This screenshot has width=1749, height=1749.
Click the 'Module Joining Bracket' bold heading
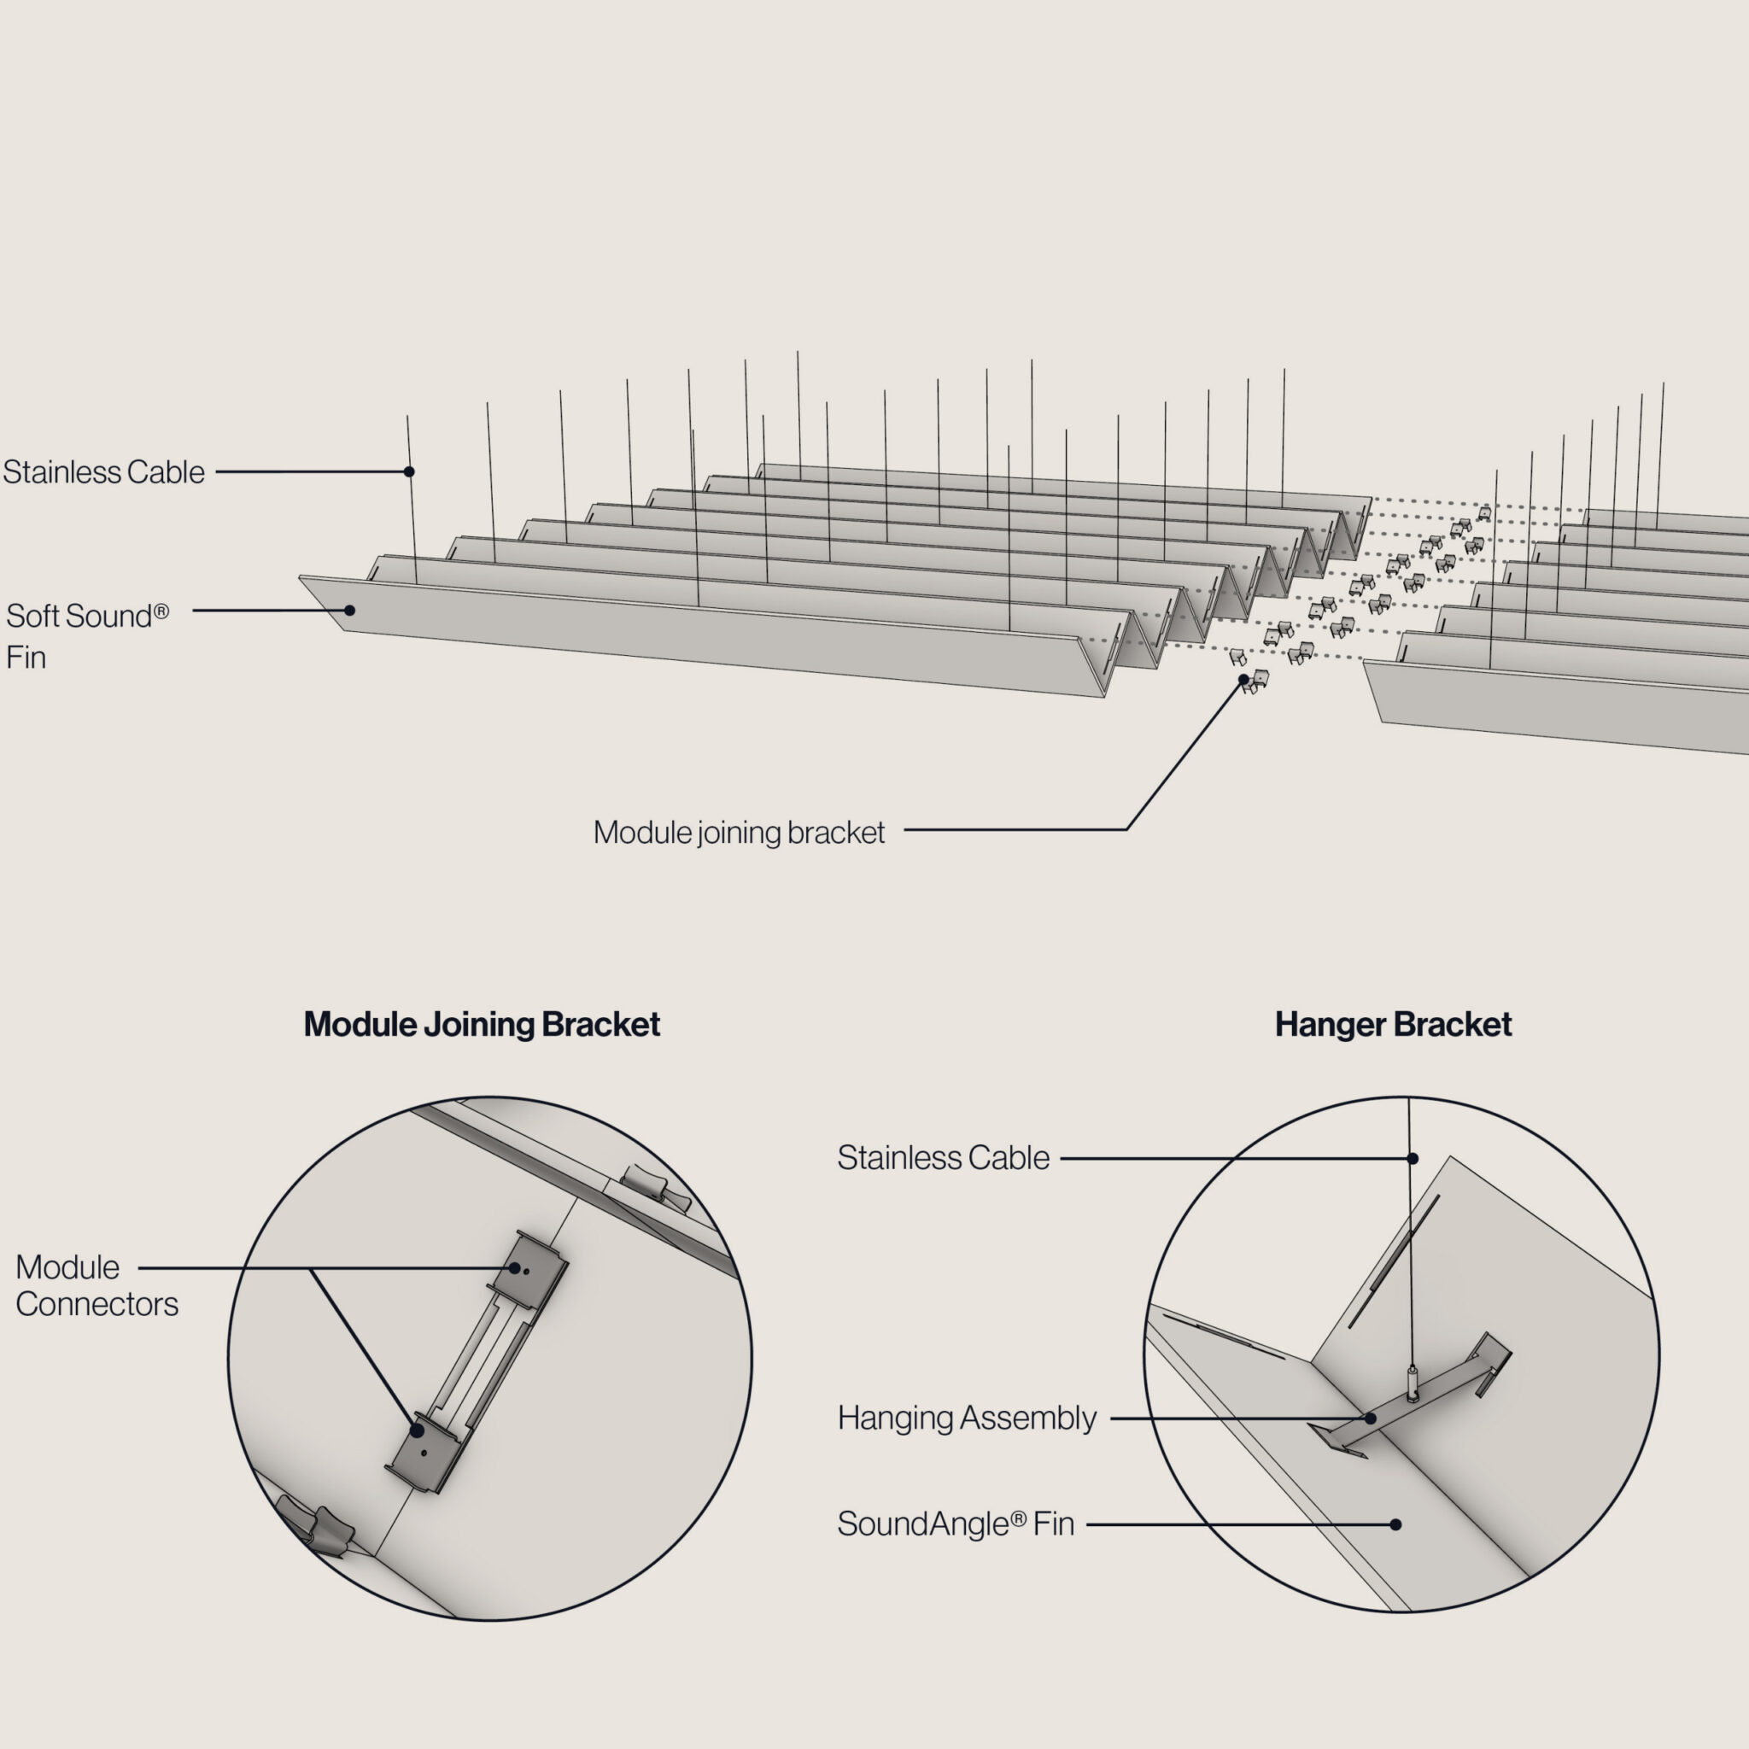click(482, 1025)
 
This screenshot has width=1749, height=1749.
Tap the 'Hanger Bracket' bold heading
click(1393, 1025)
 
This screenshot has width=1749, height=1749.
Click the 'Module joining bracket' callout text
click(739, 833)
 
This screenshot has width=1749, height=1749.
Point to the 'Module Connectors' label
click(96, 1285)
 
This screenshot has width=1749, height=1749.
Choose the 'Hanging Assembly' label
click(966, 1418)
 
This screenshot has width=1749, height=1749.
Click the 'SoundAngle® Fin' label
click(955, 1524)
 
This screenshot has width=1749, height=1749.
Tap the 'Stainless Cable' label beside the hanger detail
click(943, 1158)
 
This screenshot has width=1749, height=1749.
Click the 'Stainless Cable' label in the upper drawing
click(103, 471)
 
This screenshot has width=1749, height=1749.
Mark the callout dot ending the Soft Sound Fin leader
click(349, 610)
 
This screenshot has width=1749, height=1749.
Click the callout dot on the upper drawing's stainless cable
click(409, 471)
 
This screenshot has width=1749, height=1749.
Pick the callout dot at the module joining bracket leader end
click(1243, 679)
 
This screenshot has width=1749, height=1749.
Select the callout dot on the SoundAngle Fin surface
click(1396, 1524)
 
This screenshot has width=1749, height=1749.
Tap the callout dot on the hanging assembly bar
click(1371, 1419)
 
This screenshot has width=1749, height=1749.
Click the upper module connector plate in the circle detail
click(528, 1263)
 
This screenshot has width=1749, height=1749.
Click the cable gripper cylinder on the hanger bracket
click(1412, 1382)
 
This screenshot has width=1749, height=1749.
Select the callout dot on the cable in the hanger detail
click(1413, 1159)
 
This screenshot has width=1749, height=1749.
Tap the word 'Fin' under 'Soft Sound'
click(26, 658)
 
